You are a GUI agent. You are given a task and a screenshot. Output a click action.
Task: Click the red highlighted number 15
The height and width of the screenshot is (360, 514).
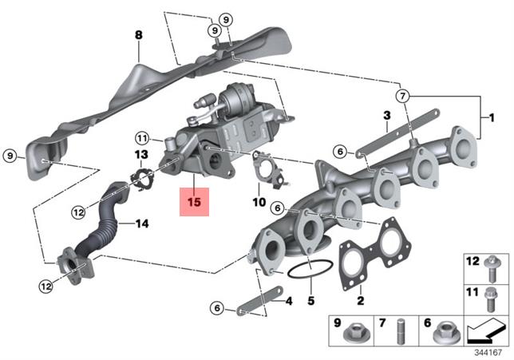tap(194, 202)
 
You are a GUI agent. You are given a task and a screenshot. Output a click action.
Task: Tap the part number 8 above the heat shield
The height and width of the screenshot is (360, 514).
tap(138, 35)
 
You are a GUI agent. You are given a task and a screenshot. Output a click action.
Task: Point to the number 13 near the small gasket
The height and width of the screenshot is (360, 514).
tap(140, 154)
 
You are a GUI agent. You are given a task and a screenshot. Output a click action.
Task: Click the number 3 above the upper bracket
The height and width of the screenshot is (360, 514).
tap(385, 117)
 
